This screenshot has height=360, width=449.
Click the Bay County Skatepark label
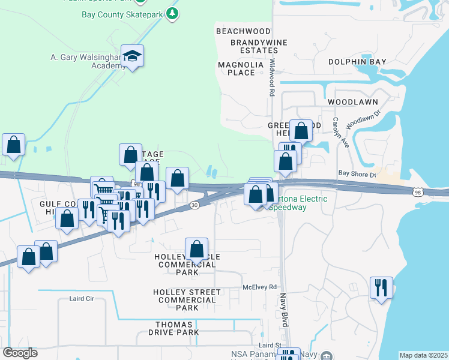pos(122,14)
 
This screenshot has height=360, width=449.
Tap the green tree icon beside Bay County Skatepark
pos(173,13)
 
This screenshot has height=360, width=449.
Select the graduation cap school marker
pos(132,56)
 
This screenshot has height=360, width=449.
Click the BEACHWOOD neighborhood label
pos(243,31)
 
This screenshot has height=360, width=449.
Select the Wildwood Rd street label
pos(272,77)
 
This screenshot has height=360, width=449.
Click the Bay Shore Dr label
pos(357,175)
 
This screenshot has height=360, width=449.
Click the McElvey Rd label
pos(259,287)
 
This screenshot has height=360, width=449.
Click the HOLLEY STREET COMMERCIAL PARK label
pos(187,299)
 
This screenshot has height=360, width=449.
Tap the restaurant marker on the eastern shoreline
pos(381,289)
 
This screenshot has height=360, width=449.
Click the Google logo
pos(20,353)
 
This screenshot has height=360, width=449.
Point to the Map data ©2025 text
pos(423,355)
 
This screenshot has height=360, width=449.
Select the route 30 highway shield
pos(194,205)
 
